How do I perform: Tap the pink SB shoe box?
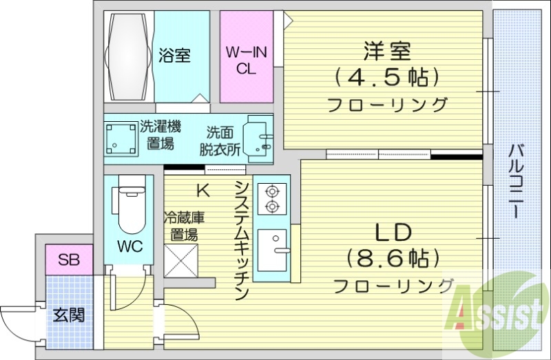point(68,260)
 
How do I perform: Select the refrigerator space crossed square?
point(180,260)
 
